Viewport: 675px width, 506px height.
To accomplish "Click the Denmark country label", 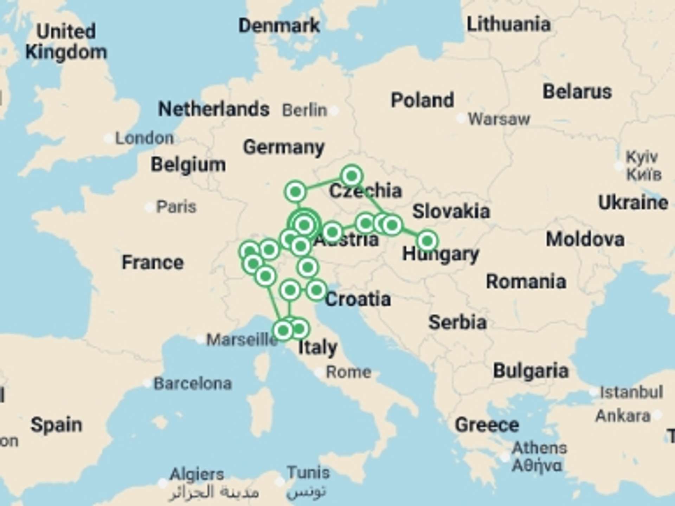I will click(x=279, y=26).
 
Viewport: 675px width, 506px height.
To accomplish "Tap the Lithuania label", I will click(x=508, y=24).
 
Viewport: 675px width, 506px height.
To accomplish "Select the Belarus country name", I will click(x=577, y=92).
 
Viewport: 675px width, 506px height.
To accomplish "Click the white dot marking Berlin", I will click(x=334, y=111).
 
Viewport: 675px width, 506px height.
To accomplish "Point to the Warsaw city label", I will click(x=499, y=119).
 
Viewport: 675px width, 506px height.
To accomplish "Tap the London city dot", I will click(x=109, y=138).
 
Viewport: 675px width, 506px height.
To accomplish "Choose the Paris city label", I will click(x=176, y=207).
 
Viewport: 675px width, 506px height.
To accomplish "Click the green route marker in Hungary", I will click(x=427, y=241).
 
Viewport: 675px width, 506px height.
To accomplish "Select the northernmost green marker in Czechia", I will click(x=352, y=175).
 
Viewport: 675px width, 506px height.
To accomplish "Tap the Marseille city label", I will click(x=242, y=340).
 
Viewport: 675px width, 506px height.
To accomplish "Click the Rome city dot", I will click(x=319, y=372).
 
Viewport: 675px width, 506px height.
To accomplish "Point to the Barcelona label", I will click(x=193, y=383).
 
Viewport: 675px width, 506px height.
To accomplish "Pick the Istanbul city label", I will click(x=631, y=392).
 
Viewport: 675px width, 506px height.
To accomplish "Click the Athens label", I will click(x=539, y=448).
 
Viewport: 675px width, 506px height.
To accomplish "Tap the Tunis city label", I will click(x=308, y=473).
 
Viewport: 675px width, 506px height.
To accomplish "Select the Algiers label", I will click(x=197, y=475).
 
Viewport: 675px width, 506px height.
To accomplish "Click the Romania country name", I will click(x=526, y=282).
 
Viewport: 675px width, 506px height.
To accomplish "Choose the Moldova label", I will click(x=585, y=239).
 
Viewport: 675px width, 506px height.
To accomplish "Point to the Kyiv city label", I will click(x=642, y=157).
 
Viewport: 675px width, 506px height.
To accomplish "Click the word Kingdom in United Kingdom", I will click(x=66, y=52).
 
